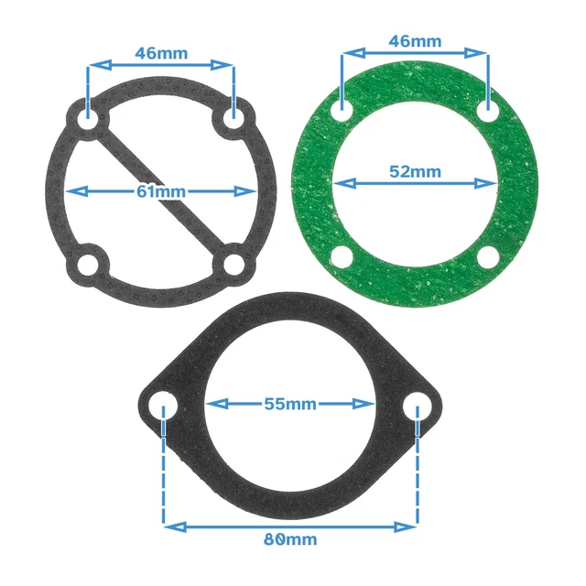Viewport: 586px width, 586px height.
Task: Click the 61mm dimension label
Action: (x=160, y=191)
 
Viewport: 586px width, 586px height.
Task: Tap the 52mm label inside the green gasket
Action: (x=414, y=171)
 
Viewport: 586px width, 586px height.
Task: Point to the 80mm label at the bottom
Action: (x=290, y=538)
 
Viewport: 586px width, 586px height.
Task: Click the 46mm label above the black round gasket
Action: (x=161, y=52)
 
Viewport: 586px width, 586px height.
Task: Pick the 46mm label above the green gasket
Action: (x=415, y=41)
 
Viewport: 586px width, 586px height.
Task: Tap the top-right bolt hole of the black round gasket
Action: (x=234, y=118)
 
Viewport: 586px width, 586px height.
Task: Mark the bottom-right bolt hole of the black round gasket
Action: (x=234, y=266)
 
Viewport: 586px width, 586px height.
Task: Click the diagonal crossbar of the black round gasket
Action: (x=161, y=191)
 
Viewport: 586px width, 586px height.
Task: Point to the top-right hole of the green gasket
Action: (x=489, y=109)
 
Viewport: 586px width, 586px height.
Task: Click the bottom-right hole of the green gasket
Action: (x=489, y=255)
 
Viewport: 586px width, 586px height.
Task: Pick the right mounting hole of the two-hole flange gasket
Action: (x=418, y=405)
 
